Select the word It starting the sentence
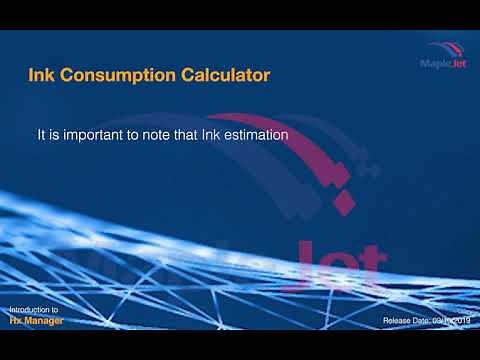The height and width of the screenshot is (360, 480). click(42, 132)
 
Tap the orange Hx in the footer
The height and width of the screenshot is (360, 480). click(17, 322)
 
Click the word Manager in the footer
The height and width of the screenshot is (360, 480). click(47, 322)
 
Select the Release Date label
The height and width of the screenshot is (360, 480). click(408, 322)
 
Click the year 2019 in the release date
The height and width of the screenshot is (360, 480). click(461, 322)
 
